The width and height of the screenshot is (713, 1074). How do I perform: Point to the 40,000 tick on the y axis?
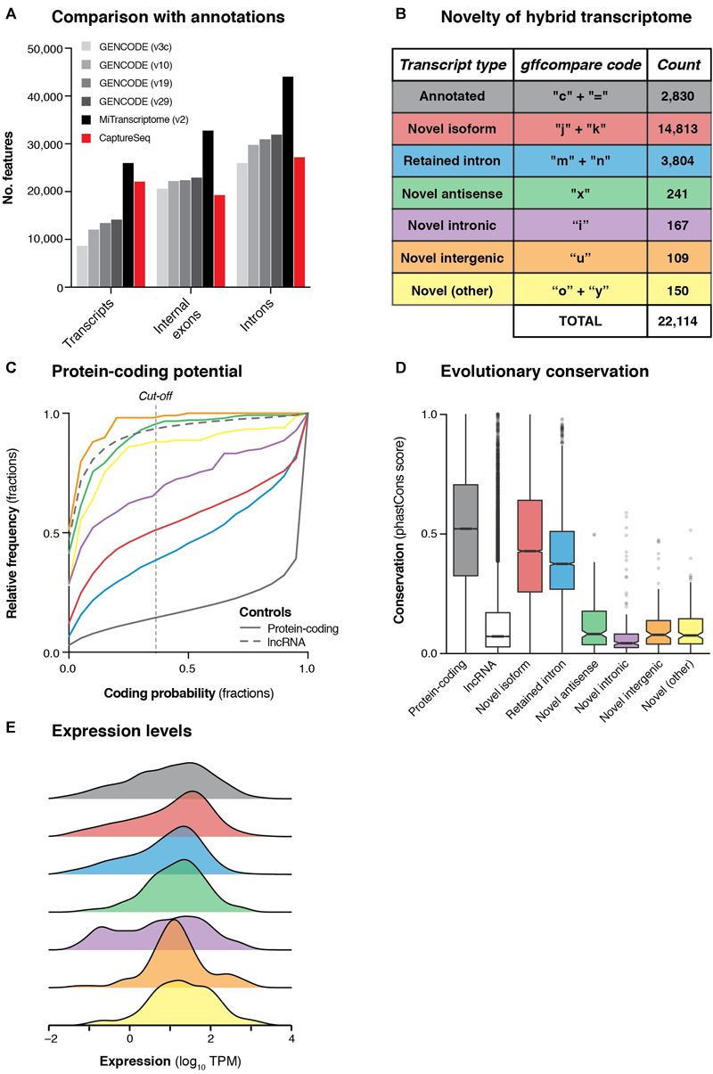45,95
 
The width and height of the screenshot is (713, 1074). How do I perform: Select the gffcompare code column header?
580,64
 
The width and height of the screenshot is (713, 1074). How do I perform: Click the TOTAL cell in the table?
580,321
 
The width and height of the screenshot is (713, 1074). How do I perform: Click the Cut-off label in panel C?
156,396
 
